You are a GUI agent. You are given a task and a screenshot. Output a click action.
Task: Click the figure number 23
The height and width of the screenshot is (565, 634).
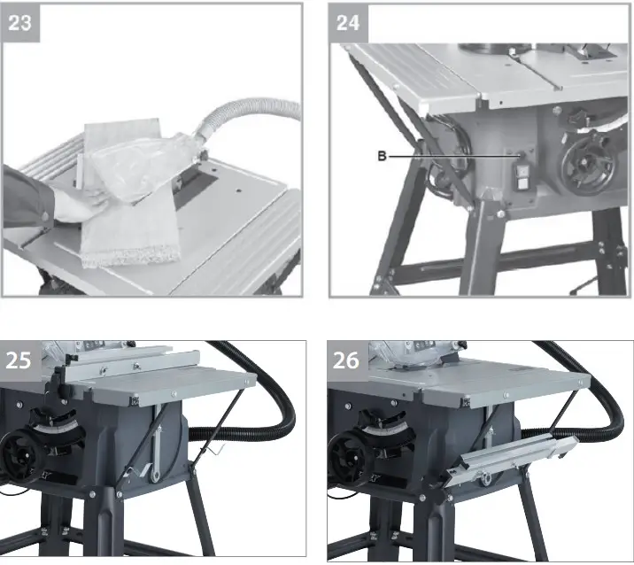pos(19,22)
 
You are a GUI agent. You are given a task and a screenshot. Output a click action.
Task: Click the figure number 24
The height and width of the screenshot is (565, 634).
pos(348,22)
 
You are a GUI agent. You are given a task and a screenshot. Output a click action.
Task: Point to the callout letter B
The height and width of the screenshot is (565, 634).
pos(381,156)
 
